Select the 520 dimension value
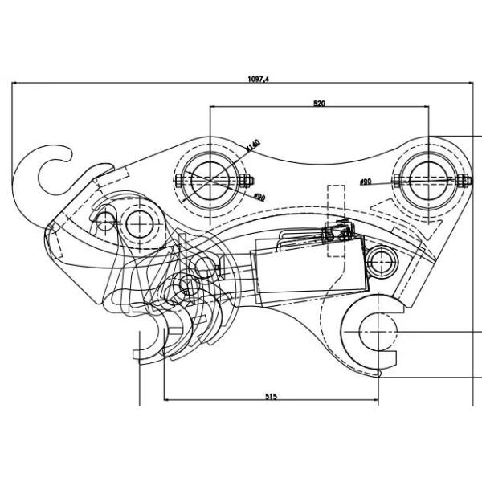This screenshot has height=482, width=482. pyautogui.click(x=319, y=103)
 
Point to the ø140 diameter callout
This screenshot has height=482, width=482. pyautogui.click(x=252, y=145)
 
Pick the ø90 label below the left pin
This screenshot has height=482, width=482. pyautogui.click(x=259, y=197)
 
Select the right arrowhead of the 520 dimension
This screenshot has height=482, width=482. pyautogui.click(x=426, y=107)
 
